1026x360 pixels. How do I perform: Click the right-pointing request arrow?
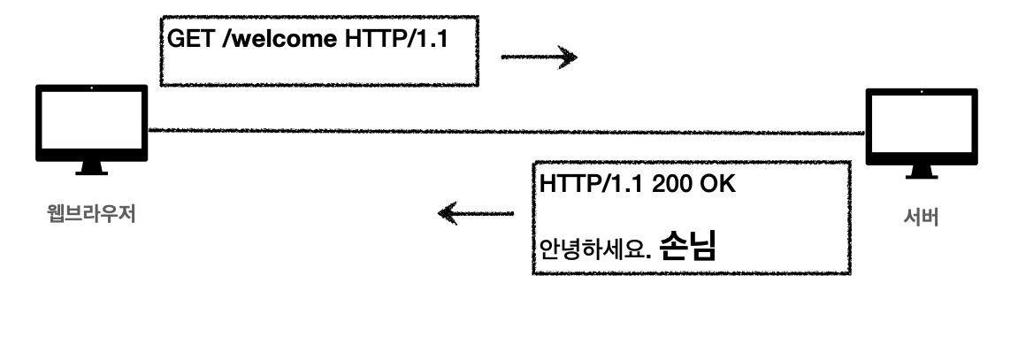pos(539,58)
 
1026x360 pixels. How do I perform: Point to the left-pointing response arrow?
pos(476,213)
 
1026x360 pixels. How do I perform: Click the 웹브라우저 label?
pos(90,213)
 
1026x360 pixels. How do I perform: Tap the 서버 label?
pos(921,217)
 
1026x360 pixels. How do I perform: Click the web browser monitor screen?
pos(91,123)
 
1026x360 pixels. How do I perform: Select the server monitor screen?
pos(921,127)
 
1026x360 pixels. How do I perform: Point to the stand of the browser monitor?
pos(91,165)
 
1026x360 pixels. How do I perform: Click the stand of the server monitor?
pos(921,170)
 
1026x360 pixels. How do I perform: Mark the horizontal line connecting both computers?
pos(504,131)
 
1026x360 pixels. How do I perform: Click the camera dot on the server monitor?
pos(921,93)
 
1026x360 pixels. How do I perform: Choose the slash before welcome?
pos(219,39)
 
